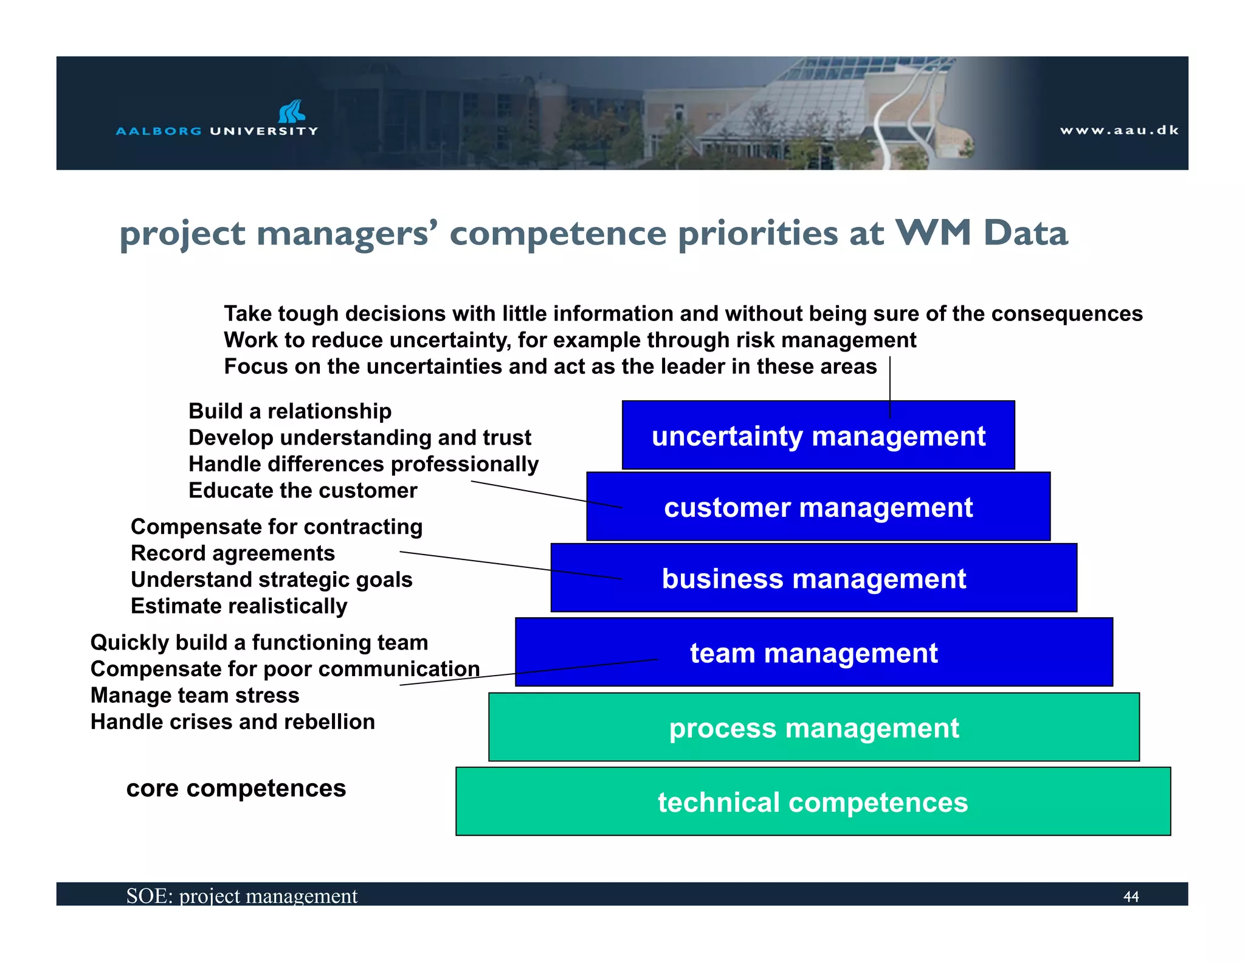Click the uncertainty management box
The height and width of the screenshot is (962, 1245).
[818, 436]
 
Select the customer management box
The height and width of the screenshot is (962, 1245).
[818, 507]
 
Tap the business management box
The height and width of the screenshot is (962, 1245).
[813, 578]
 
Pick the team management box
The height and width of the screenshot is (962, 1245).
[813, 652]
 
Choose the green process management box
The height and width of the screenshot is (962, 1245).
[813, 728]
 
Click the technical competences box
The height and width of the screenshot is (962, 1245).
[813, 802]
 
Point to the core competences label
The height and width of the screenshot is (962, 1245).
[236, 788]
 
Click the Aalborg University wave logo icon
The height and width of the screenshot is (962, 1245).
[291, 111]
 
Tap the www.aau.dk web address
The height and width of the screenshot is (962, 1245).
[1119, 130]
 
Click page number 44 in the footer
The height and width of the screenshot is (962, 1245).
[1131, 896]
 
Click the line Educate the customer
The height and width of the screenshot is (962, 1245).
[303, 491]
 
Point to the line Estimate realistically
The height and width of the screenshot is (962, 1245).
[239, 606]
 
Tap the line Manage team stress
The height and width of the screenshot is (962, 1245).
[195, 695]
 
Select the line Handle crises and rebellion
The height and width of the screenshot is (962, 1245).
[232, 722]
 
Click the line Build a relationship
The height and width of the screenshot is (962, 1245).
[290, 411]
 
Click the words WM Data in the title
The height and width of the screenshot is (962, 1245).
[981, 234]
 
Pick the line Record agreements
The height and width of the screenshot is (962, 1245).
[233, 553]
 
